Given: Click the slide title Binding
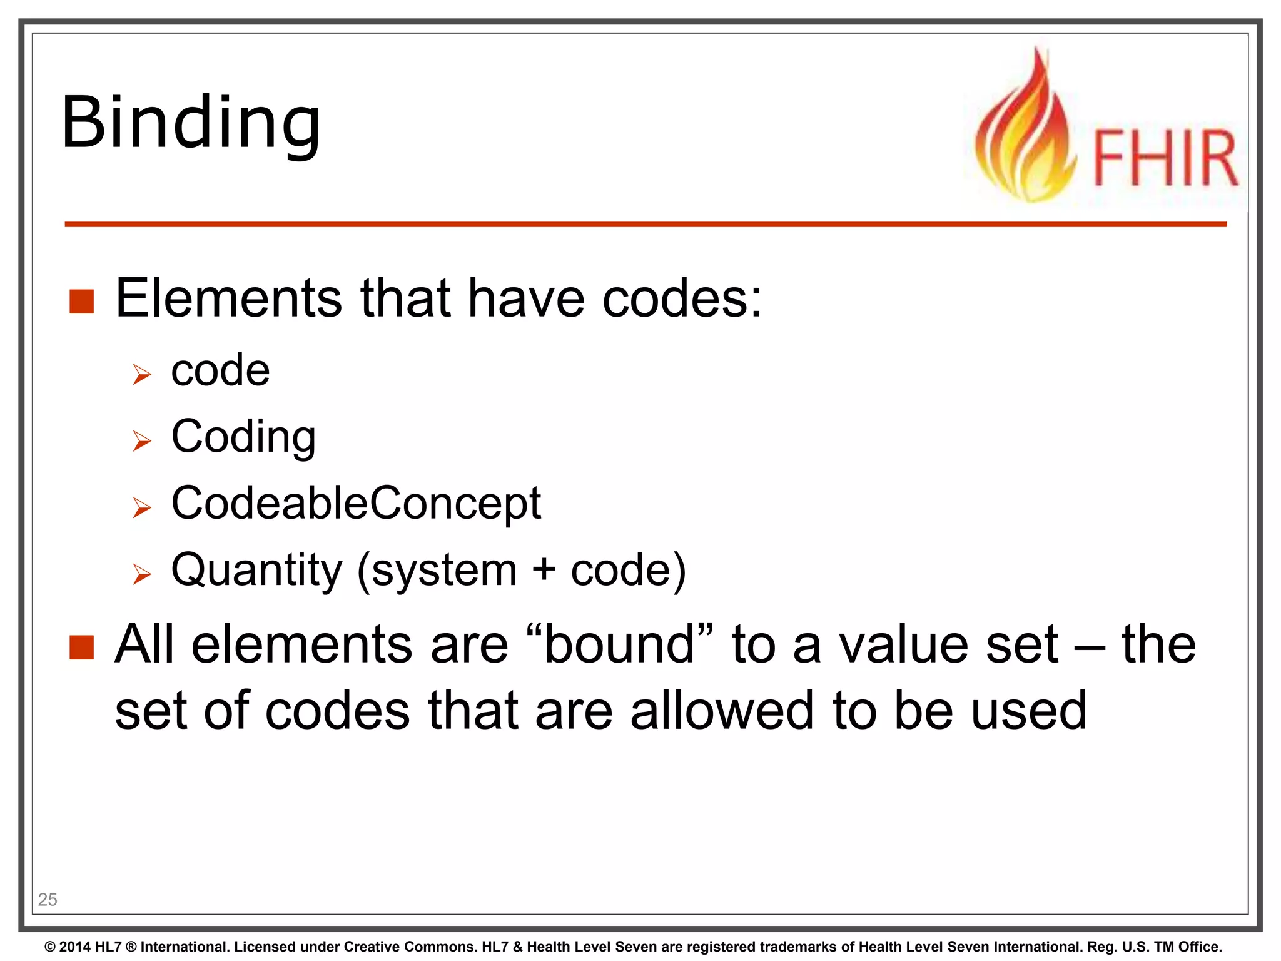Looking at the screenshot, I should pos(191,124).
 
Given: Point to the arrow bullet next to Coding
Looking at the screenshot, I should pos(142,441).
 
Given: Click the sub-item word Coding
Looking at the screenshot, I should pos(243,437).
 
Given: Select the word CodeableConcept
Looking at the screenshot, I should pos(356,503).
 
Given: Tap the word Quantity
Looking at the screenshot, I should pos(256,571).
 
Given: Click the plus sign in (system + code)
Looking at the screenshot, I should pos(544,571).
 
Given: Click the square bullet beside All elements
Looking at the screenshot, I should pos(81,648).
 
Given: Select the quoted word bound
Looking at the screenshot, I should pos(619,644).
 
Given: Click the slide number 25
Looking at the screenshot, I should pos(48,900).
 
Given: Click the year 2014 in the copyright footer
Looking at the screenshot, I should pos(75,947).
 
